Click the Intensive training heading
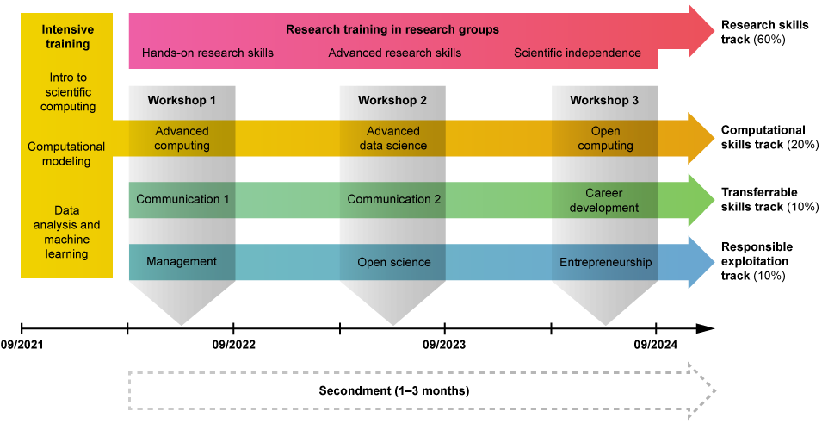point(66,37)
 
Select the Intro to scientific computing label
point(66,92)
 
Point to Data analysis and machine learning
point(66,232)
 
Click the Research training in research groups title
point(392,29)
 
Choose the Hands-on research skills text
point(207,53)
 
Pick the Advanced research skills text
point(394,53)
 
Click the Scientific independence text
point(578,53)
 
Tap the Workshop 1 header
point(182,100)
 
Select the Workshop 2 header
point(392,100)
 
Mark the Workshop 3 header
point(604,100)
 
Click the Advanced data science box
point(392,138)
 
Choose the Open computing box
point(605,138)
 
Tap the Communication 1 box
point(182,199)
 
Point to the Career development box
point(604,200)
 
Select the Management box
point(182,261)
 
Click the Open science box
point(393,262)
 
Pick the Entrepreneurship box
point(605,262)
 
